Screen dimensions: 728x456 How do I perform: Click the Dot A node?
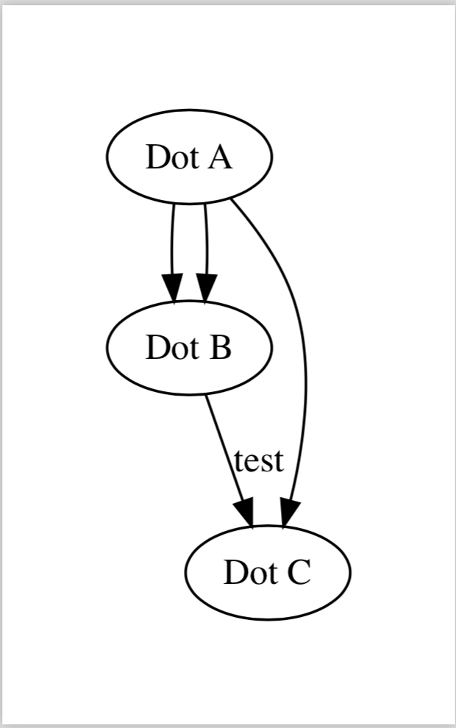point(190,157)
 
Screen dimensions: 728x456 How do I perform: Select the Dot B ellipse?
point(190,347)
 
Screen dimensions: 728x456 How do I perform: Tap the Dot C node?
point(268,573)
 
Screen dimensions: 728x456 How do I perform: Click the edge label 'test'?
point(259,461)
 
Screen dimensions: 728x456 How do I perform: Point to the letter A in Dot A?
point(218,157)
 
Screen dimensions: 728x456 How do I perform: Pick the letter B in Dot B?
point(219,348)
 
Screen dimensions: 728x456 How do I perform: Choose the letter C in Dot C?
point(298,573)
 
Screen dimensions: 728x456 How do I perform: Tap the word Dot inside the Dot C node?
point(248,573)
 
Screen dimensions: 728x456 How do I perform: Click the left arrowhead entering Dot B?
point(172,288)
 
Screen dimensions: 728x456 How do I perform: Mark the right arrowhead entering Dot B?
point(207,288)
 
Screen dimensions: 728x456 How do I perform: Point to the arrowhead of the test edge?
point(246,513)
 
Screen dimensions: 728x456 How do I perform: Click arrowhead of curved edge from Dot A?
point(289,512)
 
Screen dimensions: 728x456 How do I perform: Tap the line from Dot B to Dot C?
point(224,449)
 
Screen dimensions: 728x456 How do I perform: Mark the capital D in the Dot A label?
point(156,157)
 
